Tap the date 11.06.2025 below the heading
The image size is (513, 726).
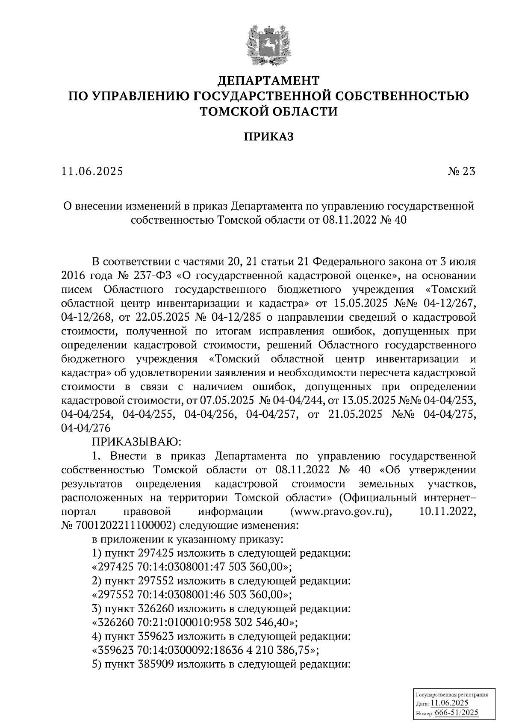click(92, 172)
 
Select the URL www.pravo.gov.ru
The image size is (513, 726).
click(341, 511)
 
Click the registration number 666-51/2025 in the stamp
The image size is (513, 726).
click(456, 713)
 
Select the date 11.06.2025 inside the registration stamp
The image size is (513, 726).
click(449, 704)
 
